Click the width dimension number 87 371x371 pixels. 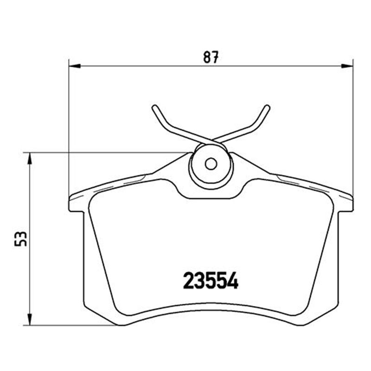pyautogui.click(x=211, y=57)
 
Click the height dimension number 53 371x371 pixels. pyautogui.click(x=20, y=239)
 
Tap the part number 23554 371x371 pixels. pyautogui.click(x=211, y=281)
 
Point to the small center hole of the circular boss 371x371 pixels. pyautogui.click(x=211, y=164)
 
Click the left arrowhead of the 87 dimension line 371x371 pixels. pyautogui.click(x=75, y=66)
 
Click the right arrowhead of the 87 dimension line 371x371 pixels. pyautogui.click(x=347, y=66)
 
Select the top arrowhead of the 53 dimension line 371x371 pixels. pyautogui.click(x=29, y=159)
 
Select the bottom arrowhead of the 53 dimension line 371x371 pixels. pyautogui.click(x=29, y=320)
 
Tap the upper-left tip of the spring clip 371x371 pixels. pyautogui.click(x=154, y=107)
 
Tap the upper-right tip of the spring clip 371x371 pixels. pyautogui.click(x=267, y=107)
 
